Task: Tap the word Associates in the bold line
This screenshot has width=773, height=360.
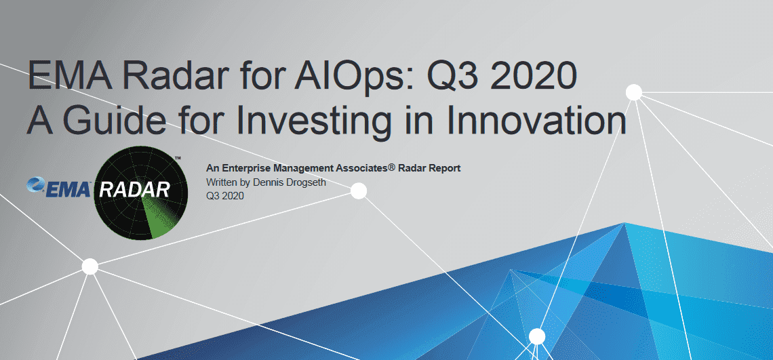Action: click(x=360, y=168)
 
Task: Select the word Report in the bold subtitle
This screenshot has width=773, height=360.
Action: click(x=446, y=169)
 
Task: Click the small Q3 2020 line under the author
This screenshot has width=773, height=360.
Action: click(x=225, y=196)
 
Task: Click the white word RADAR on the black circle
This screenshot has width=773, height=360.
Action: click(x=134, y=189)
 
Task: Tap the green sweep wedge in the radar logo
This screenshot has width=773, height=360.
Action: click(x=157, y=216)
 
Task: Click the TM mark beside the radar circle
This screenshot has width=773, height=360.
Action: click(x=178, y=158)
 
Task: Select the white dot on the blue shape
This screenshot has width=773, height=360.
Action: click(x=537, y=336)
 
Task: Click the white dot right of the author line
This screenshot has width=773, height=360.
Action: click(x=359, y=191)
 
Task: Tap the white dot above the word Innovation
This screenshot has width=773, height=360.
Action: click(x=633, y=92)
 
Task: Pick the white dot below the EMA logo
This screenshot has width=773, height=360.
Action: click(x=90, y=266)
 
